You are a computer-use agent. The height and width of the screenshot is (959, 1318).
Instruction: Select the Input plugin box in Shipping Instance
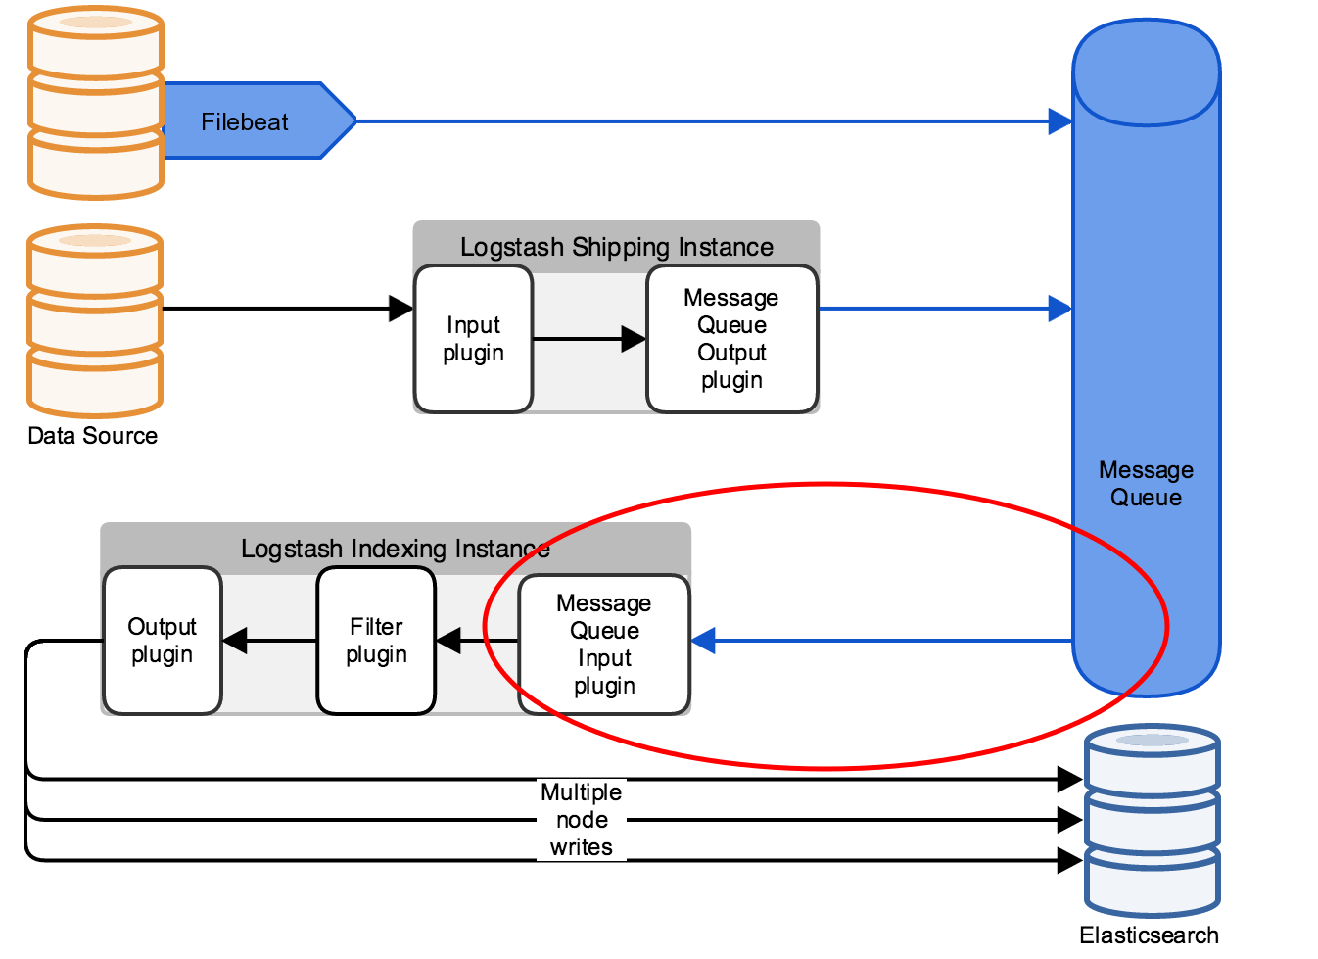point(473,339)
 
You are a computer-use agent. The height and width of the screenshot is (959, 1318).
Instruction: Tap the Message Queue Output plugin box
point(731,339)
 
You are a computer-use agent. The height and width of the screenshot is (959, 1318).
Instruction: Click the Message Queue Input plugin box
point(604,645)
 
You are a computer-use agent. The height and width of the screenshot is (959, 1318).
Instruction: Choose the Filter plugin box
point(376,641)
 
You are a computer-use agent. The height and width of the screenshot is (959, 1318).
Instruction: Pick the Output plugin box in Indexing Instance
point(163,641)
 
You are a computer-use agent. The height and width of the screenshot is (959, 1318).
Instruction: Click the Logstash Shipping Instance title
point(616,247)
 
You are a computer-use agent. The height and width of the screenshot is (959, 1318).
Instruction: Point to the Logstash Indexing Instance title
point(395,549)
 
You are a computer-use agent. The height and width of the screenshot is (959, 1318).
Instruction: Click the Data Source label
point(92,436)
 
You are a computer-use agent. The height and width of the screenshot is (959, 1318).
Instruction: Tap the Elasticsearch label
point(1149,935)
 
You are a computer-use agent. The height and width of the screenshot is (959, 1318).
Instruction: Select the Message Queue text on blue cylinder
point(1146,484)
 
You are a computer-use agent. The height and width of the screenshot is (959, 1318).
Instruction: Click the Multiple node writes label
point(582,820)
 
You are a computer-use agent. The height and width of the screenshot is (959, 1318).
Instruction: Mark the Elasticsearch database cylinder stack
point(1152,820)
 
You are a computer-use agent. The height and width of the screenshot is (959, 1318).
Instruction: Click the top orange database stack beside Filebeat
point(95,103)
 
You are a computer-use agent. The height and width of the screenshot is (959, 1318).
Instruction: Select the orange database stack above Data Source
point(95,321)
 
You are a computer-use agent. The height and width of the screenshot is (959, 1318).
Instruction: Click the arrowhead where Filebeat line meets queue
point(1059,121)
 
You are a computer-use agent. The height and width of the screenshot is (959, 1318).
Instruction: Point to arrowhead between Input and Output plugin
point(634,339)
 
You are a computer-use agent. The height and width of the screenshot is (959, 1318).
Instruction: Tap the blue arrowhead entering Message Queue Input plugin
point(704,642)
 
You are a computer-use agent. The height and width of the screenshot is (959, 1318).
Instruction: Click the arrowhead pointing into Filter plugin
point(448,642)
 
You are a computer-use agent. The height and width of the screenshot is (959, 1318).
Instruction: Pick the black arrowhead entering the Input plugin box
point(400,309)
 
